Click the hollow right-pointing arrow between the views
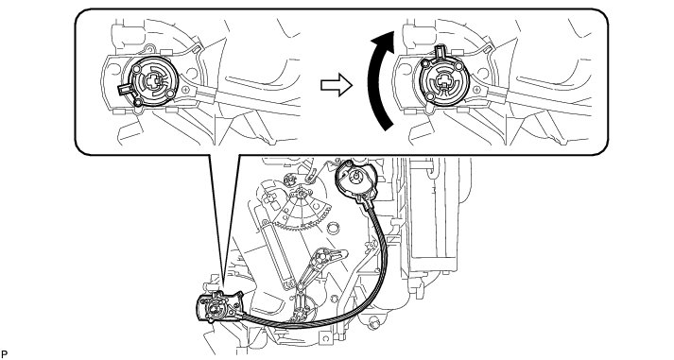point(337,85)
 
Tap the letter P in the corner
point(4,354)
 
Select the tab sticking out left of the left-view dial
point(124,90)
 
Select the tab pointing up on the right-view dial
point(441,52)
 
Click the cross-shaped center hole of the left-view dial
point(153,80)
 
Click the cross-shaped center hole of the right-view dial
point(441,81)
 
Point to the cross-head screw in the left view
point(185,90)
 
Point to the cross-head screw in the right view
point(475,90)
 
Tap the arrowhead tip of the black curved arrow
point(393,31)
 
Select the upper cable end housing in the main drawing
point(356,180)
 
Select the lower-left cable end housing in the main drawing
point(218,307)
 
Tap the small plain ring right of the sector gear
point(332,227)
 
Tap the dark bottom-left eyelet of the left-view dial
point(138,102)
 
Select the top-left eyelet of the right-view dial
point(425,64)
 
